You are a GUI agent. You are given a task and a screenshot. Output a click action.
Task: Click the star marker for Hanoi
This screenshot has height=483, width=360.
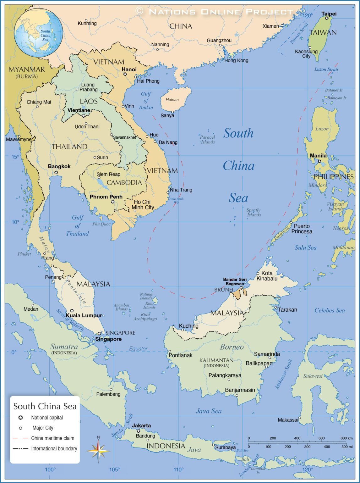[125, 74]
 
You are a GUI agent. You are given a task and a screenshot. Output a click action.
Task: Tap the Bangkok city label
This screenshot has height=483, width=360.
[59, 166]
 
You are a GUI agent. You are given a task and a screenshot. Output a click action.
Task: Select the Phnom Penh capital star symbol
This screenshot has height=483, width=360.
[113, 202]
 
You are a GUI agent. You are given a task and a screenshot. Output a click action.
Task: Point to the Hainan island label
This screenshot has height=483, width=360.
[172, 100]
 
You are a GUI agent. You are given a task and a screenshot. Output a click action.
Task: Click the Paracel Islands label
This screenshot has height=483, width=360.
[207, 139]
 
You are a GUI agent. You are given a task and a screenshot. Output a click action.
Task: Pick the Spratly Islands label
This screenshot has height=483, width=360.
[254, 213]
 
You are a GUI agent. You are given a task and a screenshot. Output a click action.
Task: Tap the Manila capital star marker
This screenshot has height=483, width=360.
[319, 161]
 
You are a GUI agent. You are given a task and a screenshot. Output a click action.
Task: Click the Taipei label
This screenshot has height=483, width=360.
[329, 14]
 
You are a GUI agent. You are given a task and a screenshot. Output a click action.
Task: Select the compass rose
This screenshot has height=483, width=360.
[98, 451]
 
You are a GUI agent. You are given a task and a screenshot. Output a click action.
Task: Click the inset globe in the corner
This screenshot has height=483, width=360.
[39, 32]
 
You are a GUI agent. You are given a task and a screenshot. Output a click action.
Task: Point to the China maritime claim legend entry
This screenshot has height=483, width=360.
[52, 438]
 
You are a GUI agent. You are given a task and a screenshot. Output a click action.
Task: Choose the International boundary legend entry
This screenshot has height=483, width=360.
[54, 448]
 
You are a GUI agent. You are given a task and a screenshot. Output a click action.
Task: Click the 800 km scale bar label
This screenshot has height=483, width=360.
[346, 438]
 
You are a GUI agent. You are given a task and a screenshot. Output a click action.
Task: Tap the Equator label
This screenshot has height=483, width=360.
[138, 348]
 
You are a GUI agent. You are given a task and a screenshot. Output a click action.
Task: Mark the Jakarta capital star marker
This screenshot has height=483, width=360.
[138, 431]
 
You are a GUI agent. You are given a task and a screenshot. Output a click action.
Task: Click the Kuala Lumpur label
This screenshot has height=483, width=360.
[84, 315]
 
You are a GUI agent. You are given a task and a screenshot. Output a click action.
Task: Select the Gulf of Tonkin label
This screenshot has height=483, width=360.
[146, 101]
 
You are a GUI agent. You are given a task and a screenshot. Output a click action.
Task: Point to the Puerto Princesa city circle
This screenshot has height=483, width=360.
[291, 222]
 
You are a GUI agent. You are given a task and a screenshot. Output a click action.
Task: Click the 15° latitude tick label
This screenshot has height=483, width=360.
[15, 157]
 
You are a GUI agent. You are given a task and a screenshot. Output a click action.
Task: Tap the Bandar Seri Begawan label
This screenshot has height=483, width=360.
[235, 281]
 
